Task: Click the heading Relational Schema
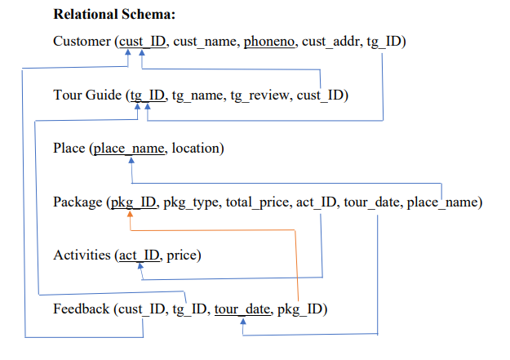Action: click(x=114, y=15)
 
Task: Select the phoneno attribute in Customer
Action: click(x=269, y=42)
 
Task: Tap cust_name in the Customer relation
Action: click(x=205, y=42)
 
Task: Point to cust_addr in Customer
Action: click(x=330, y=42)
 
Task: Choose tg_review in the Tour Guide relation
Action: click(x=259, y=96)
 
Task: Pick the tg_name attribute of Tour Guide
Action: click(x=197, y=96)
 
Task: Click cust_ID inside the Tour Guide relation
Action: click(x=320, y=96)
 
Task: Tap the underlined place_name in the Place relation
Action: click(x=129, y=149)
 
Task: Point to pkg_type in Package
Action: click(x=190, y=202)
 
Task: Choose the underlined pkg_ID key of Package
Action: click(x=134, y=202)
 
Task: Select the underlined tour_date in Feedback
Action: click(x=242, y=309)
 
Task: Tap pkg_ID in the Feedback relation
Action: click(x=300, y=309)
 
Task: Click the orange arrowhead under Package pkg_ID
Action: click(x=130, y=214)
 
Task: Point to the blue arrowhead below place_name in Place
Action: click(x=131, y=160)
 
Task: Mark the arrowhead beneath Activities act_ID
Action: click(x=140, y=266)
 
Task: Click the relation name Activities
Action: click(x=82, y=256)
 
